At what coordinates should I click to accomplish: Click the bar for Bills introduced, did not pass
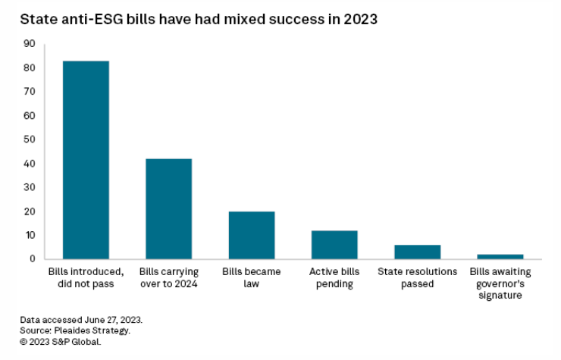(86, 160)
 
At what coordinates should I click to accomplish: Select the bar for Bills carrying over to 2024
(168, 208)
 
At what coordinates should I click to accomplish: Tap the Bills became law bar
(252, 235)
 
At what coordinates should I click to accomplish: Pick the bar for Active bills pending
(334, 244)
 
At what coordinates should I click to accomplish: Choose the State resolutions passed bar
(417, 252)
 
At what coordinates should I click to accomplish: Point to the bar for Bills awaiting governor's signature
(500, 256)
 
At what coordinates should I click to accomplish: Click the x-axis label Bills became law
(252, 277)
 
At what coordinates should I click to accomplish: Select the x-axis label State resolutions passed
(418, 277)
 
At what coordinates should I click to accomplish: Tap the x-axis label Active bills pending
(334, 277)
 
